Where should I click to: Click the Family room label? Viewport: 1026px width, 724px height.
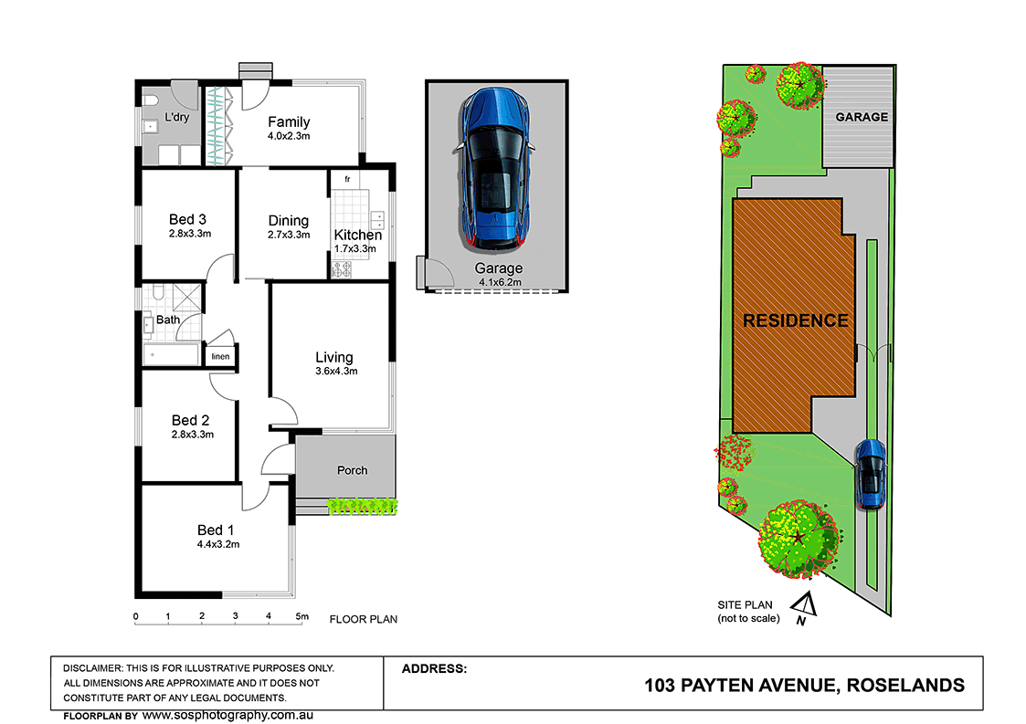click(x=289, y=122)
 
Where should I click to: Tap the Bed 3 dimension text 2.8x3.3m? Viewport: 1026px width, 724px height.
click(x=190, y=234)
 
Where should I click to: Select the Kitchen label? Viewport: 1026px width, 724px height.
click(x=357, y=236)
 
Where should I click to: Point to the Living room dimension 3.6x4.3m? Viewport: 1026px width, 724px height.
click(x=334, y=372)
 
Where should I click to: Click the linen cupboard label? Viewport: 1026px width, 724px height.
click(x=220, y=357)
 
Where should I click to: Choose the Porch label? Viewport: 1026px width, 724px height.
click(x=352, y=471)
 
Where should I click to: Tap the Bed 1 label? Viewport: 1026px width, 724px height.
click(x=216, y=530)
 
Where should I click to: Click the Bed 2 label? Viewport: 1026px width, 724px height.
click(x=190, y=421)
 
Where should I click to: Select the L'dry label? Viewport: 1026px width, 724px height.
click(x=176, y=118)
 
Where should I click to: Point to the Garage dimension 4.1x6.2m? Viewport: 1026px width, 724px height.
click(x=498, y=283)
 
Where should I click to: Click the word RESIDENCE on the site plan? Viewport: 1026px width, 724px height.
click(x=795, y=321)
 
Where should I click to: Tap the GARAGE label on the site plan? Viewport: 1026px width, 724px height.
click(x=862, y=117)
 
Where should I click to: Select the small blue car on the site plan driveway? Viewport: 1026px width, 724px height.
click(x=870, y=474)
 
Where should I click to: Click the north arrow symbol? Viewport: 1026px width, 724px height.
click(x=803, y=605)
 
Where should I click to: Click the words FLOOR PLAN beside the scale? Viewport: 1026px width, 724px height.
click(x=363, y=619)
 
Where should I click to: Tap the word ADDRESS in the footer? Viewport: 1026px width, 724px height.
click(x=434, y=668)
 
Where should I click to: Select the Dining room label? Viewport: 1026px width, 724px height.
click(x=288, y=221)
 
